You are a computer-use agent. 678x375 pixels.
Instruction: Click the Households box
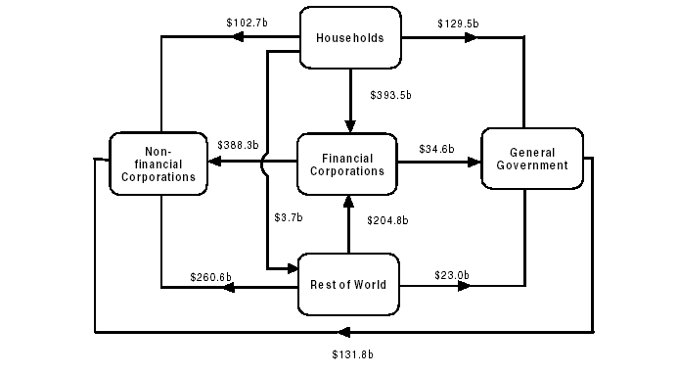[349, 39]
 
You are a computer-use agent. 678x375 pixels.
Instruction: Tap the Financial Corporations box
[346, 164]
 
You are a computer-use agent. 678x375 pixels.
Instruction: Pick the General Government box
[531, 160]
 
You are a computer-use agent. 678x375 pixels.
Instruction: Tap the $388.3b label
[239, 145]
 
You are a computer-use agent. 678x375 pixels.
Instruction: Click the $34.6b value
[436, 149]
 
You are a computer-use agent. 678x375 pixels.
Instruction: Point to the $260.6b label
[211, 277]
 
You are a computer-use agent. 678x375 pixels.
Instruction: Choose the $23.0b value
[453, 276]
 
